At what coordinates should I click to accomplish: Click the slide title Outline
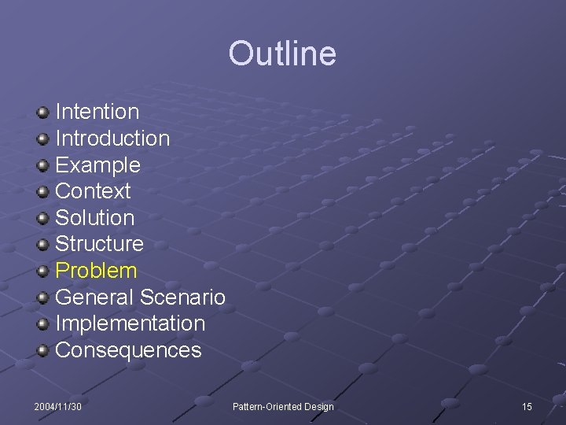(x=282, y=54)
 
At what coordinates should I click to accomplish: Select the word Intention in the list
(x=97, y=112)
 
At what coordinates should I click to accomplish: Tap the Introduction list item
(x=112, y=139)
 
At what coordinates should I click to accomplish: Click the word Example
(x=97, y=165)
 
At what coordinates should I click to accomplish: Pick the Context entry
(x=93, y=191)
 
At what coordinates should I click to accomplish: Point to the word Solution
(x=94, y=218)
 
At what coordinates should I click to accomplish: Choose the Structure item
(x=99, y=244)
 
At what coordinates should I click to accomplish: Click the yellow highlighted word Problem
(x=96, y=271)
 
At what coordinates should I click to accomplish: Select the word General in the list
(x=94, y=297)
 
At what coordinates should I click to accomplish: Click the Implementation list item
(x=130, y=323)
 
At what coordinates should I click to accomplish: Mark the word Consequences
(x=128, y=350)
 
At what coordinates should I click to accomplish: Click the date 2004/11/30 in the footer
(x=58, y=406)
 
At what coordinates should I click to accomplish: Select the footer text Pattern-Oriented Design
(x=283, y=406)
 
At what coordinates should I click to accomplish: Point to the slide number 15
(x=527, y=406)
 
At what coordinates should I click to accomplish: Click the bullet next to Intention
(x=43, y=113)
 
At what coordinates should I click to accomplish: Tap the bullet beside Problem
(x=43, y=272)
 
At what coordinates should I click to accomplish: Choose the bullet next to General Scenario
(x=43, y=298)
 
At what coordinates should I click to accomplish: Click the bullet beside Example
(x=43, y=165)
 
